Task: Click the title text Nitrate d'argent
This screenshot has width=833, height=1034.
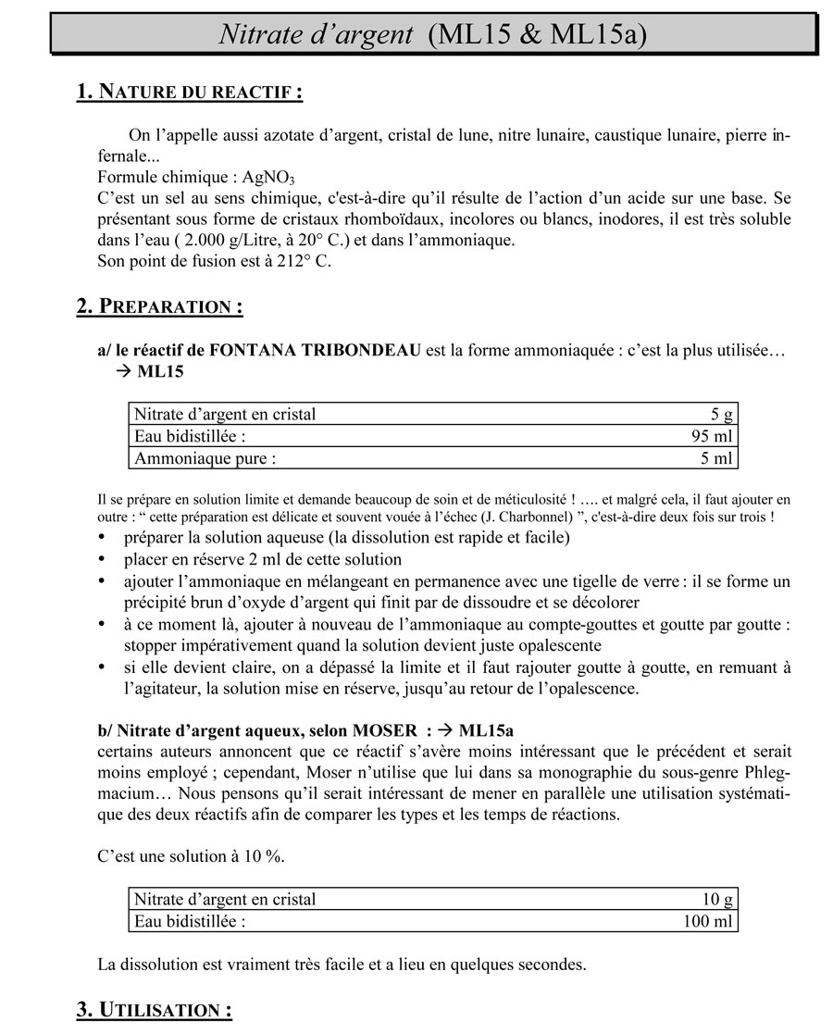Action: coord(316,34)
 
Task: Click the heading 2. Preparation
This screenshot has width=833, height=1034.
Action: coord(159,306)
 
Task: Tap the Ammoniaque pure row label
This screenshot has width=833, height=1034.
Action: coord(205,458)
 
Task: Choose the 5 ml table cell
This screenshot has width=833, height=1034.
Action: coord(715,458)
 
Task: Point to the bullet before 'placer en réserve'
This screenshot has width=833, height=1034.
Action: coord(102,560)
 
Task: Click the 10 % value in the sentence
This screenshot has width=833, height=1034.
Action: coord(262,856)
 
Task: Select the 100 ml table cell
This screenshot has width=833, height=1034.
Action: coord(707,922)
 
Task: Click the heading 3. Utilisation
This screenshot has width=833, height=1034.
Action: coord(154,1010)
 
